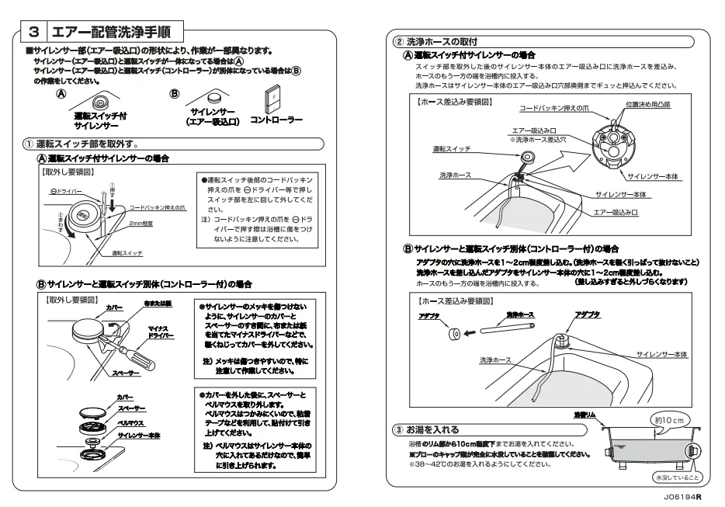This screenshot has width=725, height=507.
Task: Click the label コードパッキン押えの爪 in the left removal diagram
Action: [x=158, y=207]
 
